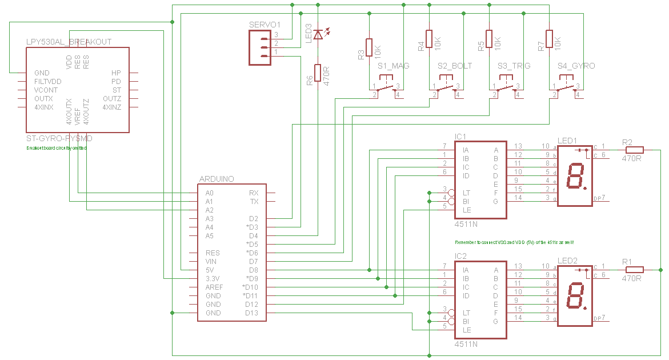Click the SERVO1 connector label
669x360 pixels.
pos(265,25)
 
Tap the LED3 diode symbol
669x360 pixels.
pos(318,34)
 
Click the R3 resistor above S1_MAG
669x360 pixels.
pos(369,47)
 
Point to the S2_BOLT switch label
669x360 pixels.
pos(455,66)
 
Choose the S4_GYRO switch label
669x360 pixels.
pos(576,66)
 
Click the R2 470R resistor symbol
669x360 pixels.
pos(634,150)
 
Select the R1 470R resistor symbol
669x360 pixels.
pos(634,270)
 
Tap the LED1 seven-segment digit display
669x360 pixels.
pos(575,176)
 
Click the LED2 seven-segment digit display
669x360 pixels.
pos(575,296)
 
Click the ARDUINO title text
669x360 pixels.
pos(217,179)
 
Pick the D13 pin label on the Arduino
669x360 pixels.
pos(251,313)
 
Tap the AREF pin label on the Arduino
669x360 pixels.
pos(215,287)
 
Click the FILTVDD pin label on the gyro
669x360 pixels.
pos(47,82)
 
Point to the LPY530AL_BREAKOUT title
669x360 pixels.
pos(69,42)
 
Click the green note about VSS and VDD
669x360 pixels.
pos(514,243)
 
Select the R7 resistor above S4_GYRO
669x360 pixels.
pos(549,39)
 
